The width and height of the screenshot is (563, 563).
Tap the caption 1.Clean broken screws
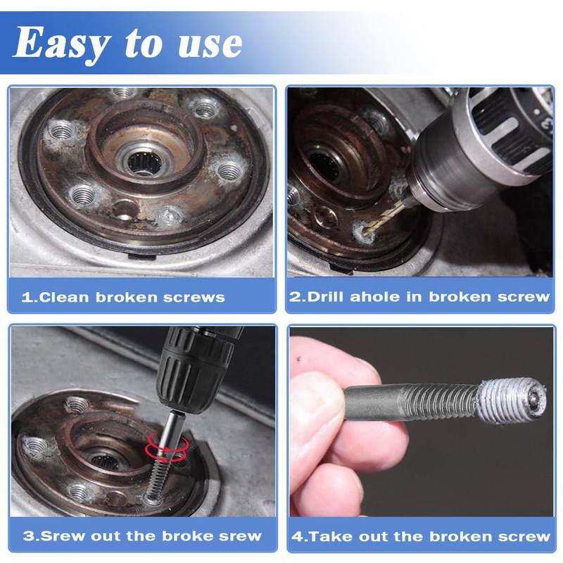[123, 297]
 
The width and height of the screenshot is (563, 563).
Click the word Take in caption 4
[329, 536]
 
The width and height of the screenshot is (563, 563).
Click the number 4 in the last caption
[296, 536]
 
